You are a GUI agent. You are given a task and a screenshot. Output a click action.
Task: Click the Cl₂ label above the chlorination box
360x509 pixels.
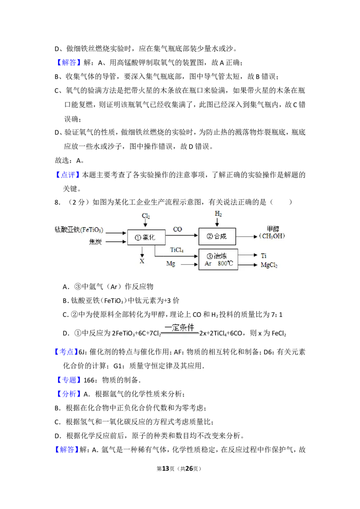point(146,216)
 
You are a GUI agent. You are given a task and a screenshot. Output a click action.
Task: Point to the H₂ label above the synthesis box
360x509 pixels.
point(218,214)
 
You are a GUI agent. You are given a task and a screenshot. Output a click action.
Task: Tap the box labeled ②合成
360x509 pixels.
point(217,236)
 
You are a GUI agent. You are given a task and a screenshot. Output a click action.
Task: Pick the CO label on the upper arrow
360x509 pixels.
point(178,229)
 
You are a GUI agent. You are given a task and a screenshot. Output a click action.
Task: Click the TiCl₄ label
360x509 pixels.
point(177,250)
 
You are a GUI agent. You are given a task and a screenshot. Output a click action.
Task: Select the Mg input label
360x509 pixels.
point(171,263)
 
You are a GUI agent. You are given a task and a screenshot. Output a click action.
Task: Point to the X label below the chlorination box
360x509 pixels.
point(142,261)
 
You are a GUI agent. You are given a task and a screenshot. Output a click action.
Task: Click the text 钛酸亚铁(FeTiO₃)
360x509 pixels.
point(79,230)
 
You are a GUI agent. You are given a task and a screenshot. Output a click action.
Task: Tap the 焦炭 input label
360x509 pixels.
point(95,242)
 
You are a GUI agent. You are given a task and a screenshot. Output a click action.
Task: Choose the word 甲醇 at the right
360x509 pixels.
point(273,229)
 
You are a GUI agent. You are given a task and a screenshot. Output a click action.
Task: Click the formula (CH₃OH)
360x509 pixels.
point(272,236)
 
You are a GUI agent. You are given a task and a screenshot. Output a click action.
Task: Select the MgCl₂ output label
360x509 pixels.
point(269,265)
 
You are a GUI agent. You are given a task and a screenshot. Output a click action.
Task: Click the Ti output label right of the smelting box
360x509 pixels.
point(264,255)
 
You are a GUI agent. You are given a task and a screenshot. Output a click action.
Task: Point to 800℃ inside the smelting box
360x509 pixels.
point(225,263)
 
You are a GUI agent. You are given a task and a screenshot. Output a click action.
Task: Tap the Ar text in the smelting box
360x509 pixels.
point(208,263)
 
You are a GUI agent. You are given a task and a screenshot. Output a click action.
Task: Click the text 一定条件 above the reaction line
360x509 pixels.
point(180,327)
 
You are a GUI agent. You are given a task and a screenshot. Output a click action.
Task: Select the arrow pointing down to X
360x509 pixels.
point(142,251)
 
